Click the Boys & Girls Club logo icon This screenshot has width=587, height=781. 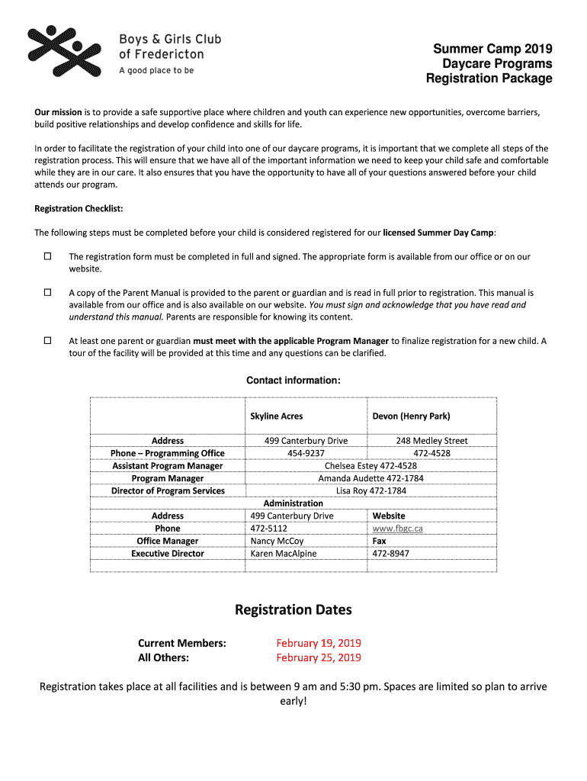pos(64,51)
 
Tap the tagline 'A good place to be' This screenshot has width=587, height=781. pos(156,70)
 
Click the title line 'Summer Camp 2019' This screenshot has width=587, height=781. pos(492,49)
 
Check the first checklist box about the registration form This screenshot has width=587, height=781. pos(47,256)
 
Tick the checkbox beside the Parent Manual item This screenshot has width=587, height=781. pos(47,292)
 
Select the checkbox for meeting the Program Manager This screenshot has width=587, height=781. pos(47,340)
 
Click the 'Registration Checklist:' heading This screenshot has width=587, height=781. pos(79,208)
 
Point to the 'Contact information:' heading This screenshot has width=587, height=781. pos(293,381)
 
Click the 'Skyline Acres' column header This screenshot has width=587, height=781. pos(276,416)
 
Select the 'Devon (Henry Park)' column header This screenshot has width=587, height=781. pos(411,416)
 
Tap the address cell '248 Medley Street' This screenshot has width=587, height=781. pos(431,441)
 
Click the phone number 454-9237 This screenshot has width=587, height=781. pos(306,453)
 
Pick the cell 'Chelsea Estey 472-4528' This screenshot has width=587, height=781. pos(370,466)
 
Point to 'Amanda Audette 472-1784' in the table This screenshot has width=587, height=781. pos(370,478)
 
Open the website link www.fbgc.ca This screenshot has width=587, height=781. pos(397,529)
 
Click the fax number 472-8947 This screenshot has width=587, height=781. pos(390,554)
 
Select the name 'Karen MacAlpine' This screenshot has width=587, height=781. pos(283,554)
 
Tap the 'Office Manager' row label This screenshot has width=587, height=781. pos(167,541)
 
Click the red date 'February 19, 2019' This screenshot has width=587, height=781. pos(319,643)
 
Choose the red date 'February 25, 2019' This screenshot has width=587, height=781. pos(319,657)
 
